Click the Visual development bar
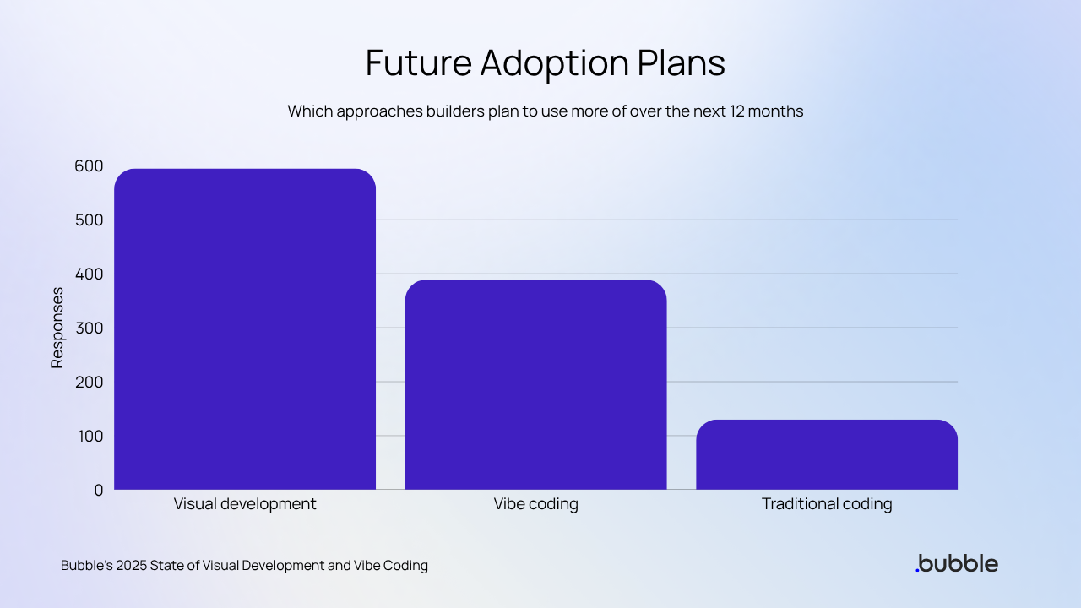245,329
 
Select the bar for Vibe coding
535,384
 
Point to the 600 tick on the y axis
88,166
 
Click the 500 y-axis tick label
88,220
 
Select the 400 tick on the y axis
88,274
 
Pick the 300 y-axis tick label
88,328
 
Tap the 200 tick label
88,383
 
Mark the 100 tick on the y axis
88,437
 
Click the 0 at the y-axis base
98,490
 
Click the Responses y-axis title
57,328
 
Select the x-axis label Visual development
245,504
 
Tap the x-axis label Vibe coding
535,504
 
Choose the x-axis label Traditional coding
827,504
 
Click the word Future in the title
416,64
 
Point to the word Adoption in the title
557,64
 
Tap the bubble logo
956,563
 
